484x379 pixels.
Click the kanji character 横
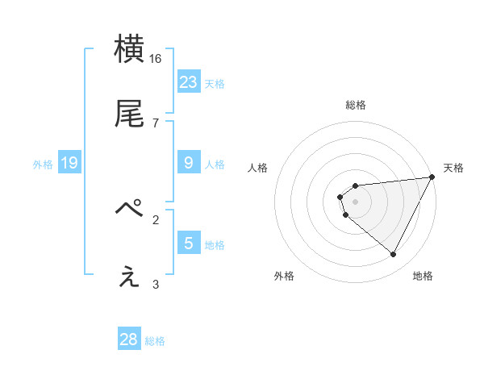(130, 50)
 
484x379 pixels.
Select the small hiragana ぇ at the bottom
(130, 277)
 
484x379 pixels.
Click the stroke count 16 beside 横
(156, 59)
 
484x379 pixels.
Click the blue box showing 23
(189, 82)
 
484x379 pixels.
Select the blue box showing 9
(189, 163)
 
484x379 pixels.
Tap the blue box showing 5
(189, 244)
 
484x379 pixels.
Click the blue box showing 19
(69, 163)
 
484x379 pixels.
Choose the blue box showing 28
(129, 339)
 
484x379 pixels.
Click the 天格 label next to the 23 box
(215, 84)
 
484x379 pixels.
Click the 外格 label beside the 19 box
(43, 165)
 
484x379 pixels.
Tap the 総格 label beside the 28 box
(155, 341)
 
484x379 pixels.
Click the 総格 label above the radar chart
(356, 105)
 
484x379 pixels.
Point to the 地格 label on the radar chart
(423, 276)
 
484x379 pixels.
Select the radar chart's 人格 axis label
(258, 168)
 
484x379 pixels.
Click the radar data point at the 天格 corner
(432, 177)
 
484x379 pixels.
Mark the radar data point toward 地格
(394, 255)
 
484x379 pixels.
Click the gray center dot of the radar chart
(356, 201)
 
